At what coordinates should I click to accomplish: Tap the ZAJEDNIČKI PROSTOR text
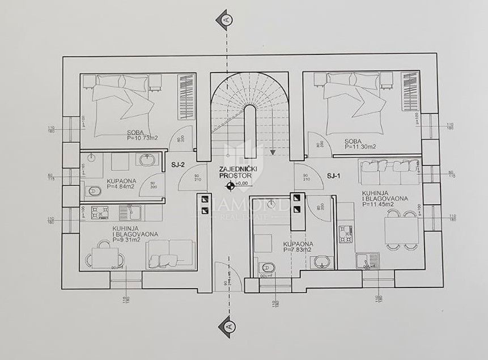pyautogui.click(x=237, y=172)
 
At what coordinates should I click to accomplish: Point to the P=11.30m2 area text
pyautogui.click(x=360, y=146)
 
